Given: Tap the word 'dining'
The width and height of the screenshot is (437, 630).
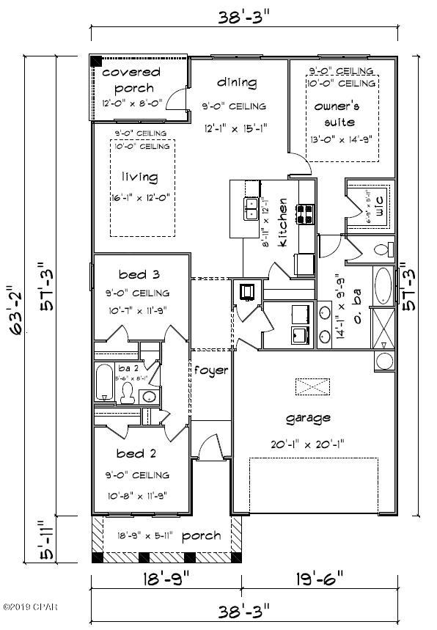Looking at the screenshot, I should point(237,82).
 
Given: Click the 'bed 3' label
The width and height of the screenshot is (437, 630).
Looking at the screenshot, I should point(140,275).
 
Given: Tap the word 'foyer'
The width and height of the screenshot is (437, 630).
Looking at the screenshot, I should point(211,370).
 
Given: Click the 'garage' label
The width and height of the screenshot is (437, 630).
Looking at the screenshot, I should point(308,418).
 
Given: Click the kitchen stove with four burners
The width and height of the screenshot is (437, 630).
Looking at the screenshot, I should point(305,213).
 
